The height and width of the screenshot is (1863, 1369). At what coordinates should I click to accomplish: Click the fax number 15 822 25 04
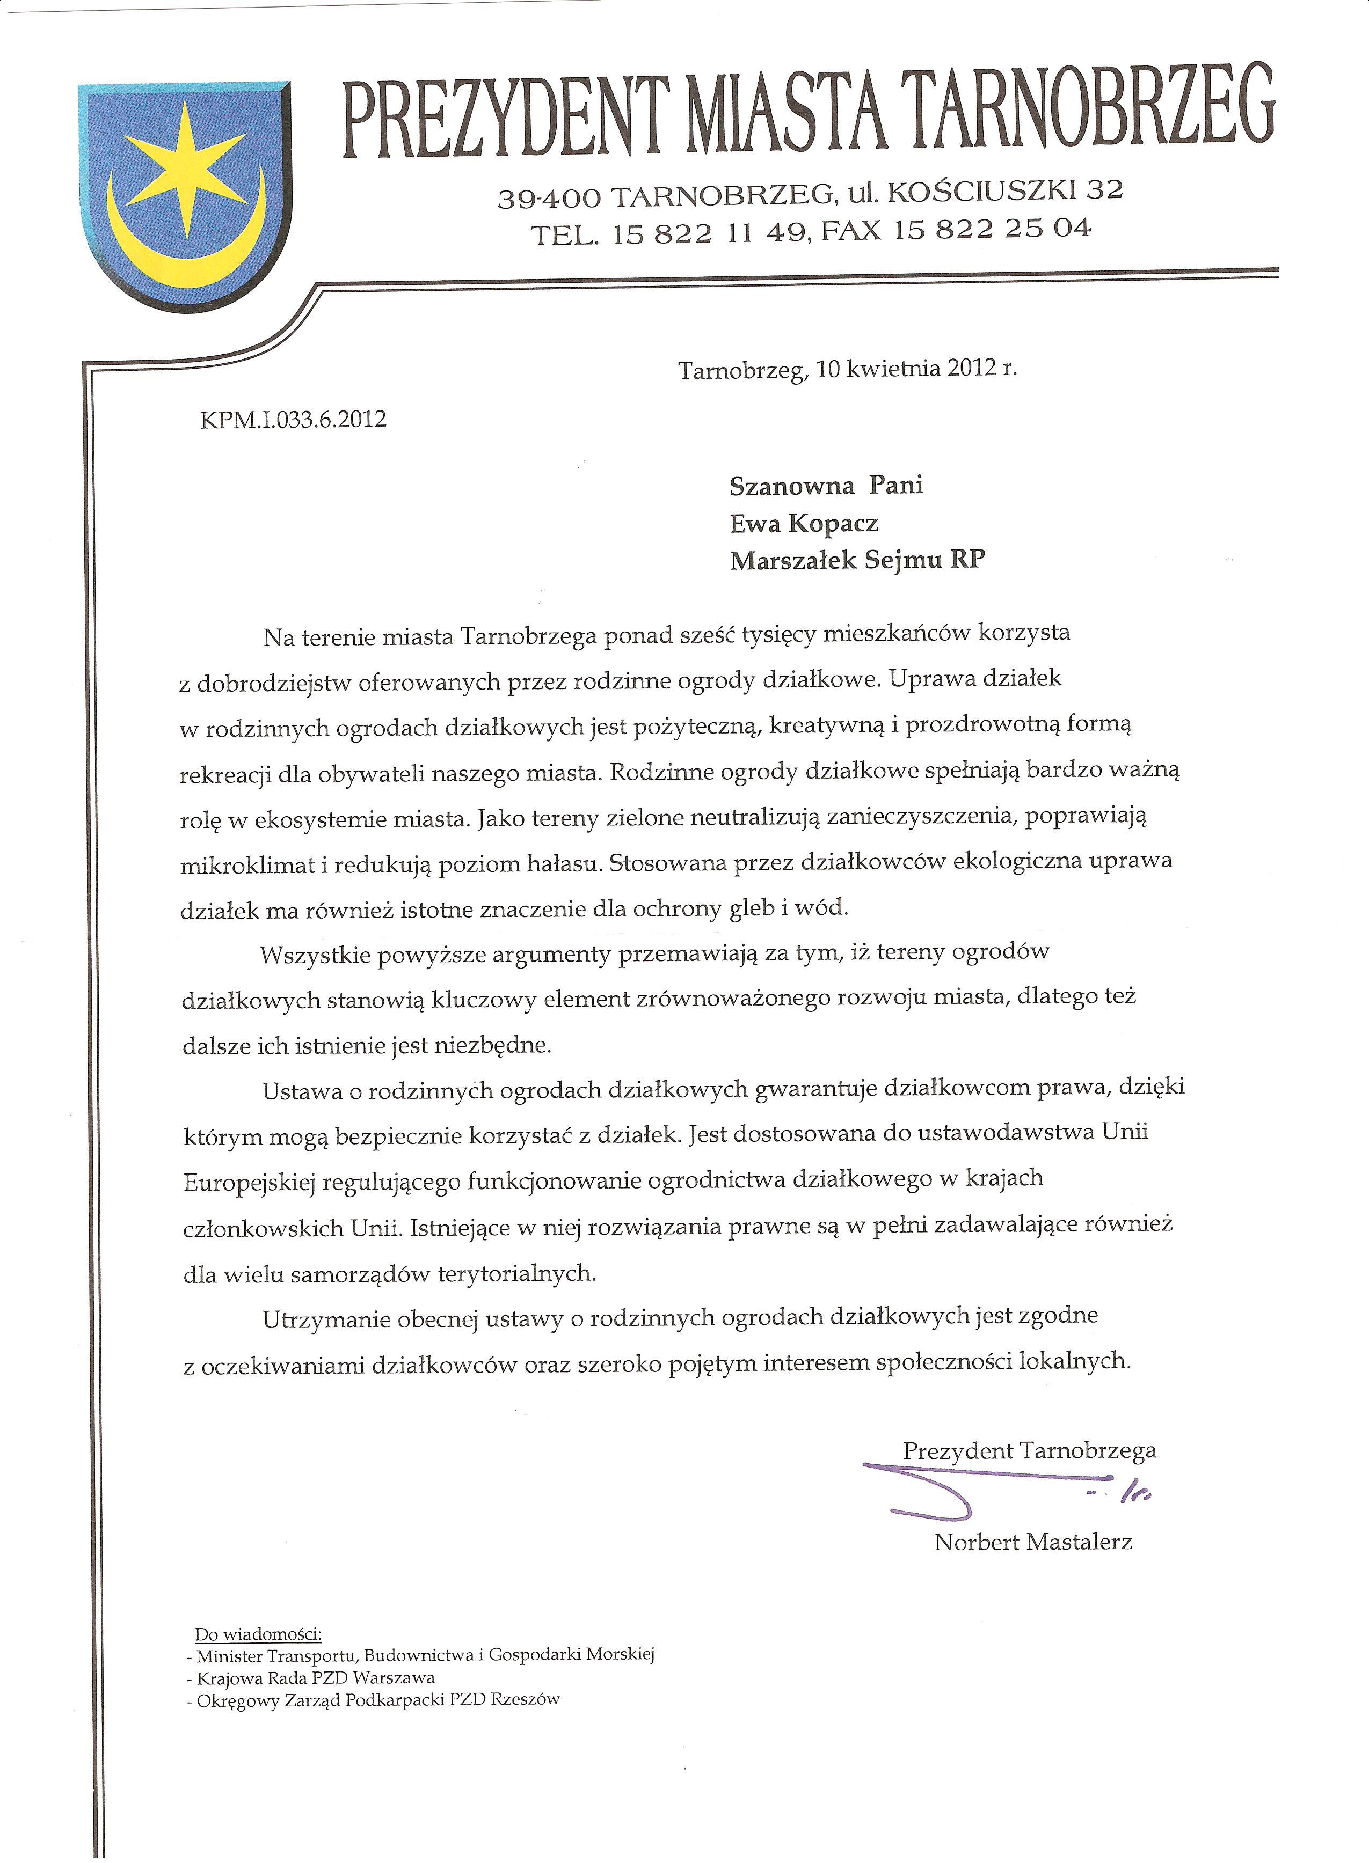[992, 230]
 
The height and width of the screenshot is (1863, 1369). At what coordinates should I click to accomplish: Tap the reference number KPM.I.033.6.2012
[293, 419]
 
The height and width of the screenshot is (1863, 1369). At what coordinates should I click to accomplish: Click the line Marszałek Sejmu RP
[857, 561]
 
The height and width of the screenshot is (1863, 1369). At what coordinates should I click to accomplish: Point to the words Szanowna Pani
[825, 486]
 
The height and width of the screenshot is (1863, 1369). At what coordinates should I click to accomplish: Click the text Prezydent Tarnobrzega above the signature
[1029, 1450]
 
